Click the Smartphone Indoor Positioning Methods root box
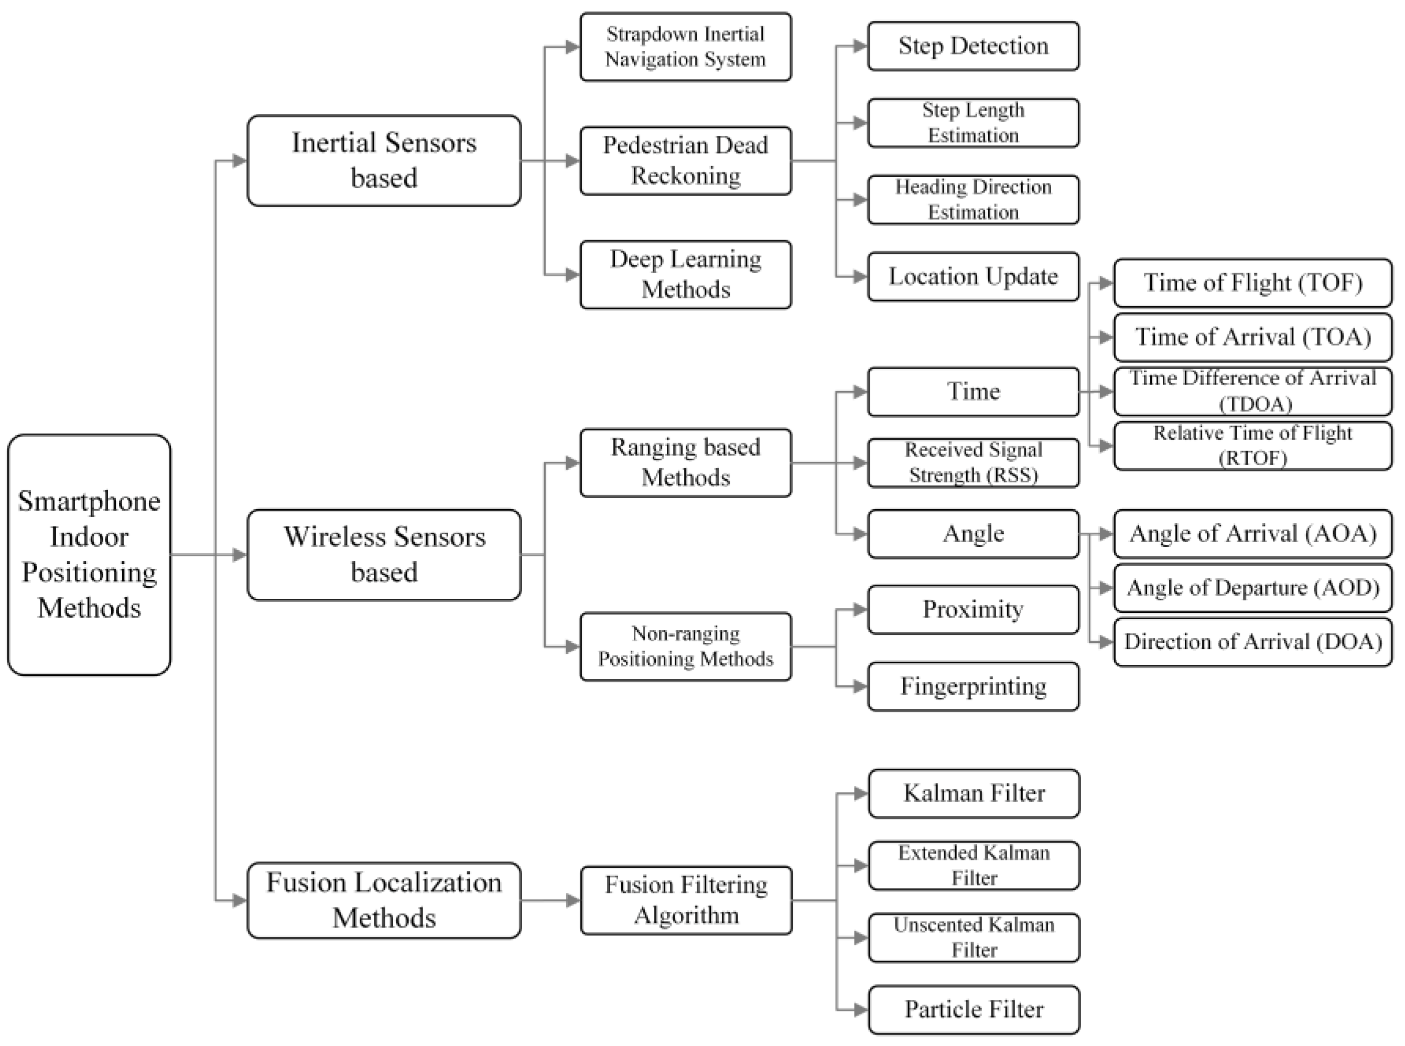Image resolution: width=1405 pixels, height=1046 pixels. [89, 554]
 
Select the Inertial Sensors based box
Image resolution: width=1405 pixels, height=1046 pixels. [384, 160]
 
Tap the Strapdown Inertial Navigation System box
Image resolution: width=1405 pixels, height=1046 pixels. [685, 47]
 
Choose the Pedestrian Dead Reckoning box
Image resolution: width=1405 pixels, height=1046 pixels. [685, 160]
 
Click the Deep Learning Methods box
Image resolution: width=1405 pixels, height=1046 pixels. [685, 274]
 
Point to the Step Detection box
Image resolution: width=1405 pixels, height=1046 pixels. [972, 46]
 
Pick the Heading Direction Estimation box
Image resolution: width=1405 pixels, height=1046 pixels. [972, 199]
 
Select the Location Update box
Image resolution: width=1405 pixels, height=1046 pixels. [972, 277]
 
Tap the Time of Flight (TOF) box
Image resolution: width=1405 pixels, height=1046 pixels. [1252, 283]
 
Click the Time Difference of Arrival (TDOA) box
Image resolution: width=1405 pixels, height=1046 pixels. [1252, 391]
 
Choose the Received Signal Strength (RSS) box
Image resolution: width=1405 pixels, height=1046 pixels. [972, 463]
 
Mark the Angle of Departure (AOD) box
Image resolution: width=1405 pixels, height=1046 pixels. [1252, 588]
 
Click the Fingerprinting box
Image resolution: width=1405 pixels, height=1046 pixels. [972, 686]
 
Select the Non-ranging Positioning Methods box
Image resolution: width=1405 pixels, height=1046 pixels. [685, 646]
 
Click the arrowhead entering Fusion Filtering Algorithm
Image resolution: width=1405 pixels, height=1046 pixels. [572, 900]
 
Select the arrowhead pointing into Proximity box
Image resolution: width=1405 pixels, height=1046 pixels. [860, 610]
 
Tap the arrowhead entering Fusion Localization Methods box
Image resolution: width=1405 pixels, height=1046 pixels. [240, 900]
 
